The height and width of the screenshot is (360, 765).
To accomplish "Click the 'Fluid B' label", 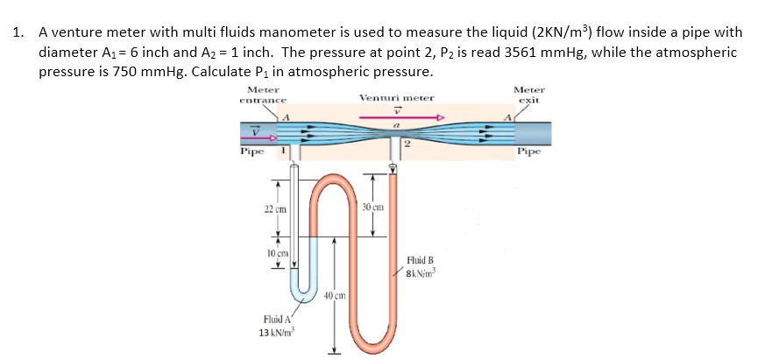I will point(421,261).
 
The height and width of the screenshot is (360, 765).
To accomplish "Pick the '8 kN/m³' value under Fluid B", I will point(421,273).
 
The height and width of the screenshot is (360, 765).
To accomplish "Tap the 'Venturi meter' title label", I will point(396,98).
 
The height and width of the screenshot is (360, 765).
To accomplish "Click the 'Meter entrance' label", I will point(263,95).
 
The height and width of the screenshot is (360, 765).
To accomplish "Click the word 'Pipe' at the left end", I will point(252,152).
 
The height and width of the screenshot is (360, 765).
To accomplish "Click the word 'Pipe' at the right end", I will point(528,151).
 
